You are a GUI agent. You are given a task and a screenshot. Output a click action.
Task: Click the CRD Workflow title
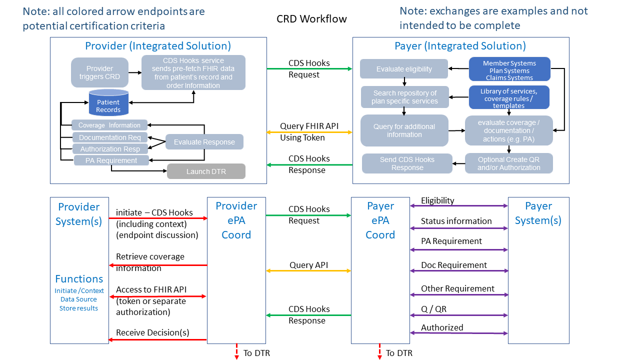pyautogui.click(x=311, y=19)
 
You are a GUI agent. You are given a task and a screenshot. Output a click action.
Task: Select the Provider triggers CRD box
pyautogui.click(x=99, y=72)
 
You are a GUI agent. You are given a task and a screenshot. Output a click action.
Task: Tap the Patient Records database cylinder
pyautogui.click(x=108, y=102)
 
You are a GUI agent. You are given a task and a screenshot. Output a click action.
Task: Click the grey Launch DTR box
pyautogui.click(x=206, y=171)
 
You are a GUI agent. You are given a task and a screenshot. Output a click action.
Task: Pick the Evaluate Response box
pyautogui.click(x=204, y=142)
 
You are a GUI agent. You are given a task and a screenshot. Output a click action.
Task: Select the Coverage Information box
pyautogui.click(x=109, y=125)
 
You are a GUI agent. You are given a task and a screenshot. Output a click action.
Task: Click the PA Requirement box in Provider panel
pyautogui.click(x=111, y=160)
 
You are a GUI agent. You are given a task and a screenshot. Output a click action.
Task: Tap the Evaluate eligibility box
pyautogui.click(x=404, y=69)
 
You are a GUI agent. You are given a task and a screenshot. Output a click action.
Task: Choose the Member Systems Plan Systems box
pyautogui.click(x=509, y=70)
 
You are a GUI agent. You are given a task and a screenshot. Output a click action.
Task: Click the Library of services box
pyautogui.click(x=508, y=98)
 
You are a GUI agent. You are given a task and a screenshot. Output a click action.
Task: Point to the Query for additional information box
pyautogui.click(x=404, y=130)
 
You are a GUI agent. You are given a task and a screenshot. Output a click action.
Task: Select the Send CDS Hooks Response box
pyautogui.click(x=407, y=163)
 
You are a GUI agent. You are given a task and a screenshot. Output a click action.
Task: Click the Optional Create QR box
pyautogui.click(x=508, y=163)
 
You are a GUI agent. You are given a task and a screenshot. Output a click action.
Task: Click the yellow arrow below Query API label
pyautogui.click(x=308, y=271)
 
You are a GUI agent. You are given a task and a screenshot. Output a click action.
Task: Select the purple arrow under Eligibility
pyautogui.click(x=459, y=205)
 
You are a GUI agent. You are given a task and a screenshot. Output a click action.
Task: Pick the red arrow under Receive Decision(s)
pyautogui.click(x=157, y=340)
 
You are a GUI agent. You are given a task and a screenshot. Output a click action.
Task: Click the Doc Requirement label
pyautogui.click(x=453, y=265)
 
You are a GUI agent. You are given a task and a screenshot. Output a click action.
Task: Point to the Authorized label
pyautogui.click(x=442, y=327)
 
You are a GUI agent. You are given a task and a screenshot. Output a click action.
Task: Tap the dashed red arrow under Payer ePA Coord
pyautogui.click(x=380, y=351)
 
